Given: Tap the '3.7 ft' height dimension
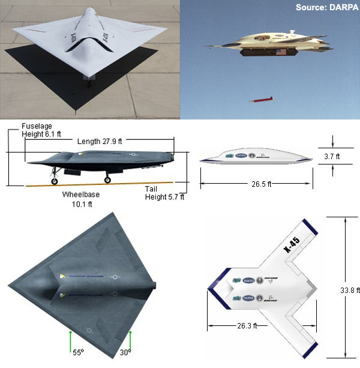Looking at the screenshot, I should point(345,157).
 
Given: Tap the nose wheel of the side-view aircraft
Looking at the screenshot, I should point(55,180).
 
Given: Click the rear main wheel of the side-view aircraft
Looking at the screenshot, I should point(109,179).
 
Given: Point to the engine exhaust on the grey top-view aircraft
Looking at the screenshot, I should point(155,285).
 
